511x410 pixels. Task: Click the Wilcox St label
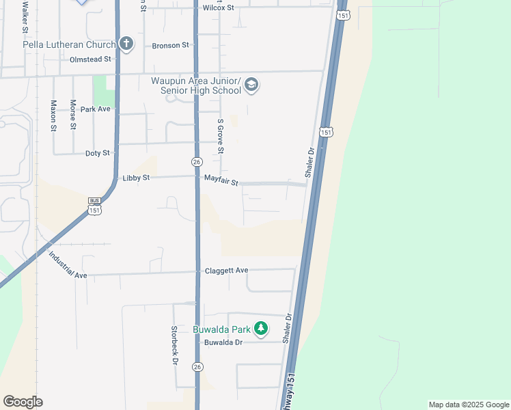[219, 8]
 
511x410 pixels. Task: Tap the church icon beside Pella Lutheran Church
[126, 44]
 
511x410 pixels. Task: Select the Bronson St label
[170, 45]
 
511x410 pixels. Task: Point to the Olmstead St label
[90, 59]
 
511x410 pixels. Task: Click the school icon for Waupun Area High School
[251, 85]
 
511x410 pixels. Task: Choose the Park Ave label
[95, 109]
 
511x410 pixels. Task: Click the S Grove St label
[221, 136]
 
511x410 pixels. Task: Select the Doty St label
[98, 153]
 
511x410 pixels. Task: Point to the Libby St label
[135, 178]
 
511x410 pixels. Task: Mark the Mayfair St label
[221, 182]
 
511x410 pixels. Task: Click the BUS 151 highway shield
[94, 206]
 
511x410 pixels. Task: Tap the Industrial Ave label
[68, 266]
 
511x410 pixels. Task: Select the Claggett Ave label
[227, 271]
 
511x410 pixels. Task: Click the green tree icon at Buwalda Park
[260, 329]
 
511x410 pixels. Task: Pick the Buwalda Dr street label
[223, 342]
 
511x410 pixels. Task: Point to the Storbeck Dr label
[174, 344]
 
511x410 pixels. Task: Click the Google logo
[23, 402]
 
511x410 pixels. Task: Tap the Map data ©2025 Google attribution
[468, 405]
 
